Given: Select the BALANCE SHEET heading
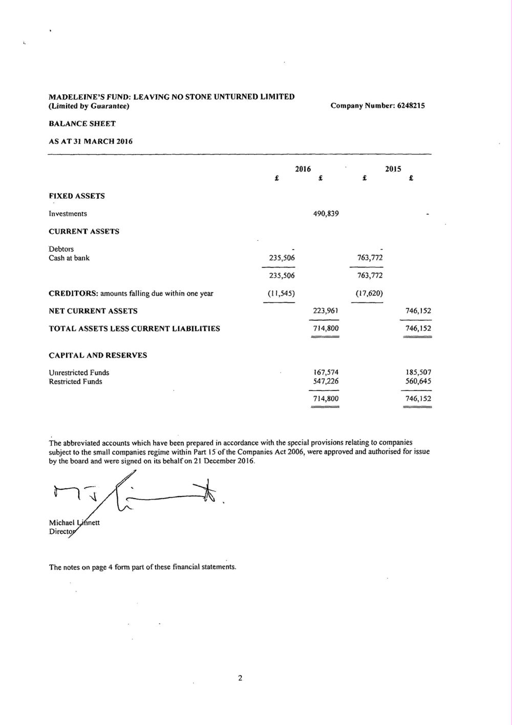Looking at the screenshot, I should tap(82, 123).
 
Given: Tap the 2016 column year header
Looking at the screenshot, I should tap(303, 169).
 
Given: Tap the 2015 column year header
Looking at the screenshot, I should tap(393, 169).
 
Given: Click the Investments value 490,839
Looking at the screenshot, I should tap(326, 214).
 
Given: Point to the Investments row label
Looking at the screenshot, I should tap(68, 214).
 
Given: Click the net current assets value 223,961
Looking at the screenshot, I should tap(326, 311).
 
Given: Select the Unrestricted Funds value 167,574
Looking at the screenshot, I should tap(326, 372).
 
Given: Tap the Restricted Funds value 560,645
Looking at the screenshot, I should tap(418, 381).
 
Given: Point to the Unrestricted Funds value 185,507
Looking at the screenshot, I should tap(418, 372).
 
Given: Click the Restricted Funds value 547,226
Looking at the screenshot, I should tap(326, 381).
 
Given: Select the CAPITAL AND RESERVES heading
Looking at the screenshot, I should tap(98, 355).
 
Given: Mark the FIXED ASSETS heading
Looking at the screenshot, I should tap(77, 196).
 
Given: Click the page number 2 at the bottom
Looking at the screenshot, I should tap(240, 678).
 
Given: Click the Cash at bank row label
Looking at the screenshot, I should tap(69, 258).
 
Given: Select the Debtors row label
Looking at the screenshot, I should tap(61, 249).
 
